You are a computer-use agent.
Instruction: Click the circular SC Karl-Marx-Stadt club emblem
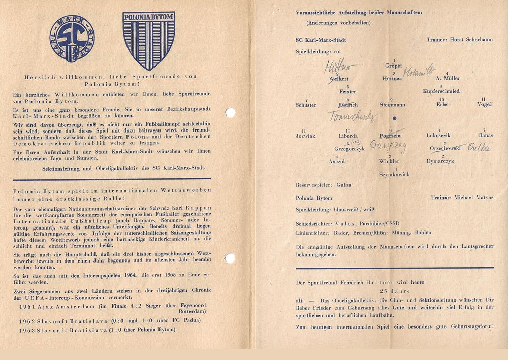pos(72,41)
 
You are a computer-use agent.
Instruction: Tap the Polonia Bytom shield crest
pos(149,40)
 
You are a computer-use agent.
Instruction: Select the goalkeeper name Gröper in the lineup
pos(394,66)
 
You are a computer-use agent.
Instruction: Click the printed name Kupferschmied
pos(441,91)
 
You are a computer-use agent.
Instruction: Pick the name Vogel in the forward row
pos(484,105)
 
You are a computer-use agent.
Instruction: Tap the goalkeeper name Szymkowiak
pos(394,174)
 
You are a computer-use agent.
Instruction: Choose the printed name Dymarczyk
pos(440,161)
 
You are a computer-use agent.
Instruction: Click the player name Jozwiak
pos(305,136)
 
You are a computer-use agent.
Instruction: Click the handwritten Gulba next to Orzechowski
pos(479,148)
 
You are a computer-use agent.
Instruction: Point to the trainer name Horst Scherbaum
pos(464,39)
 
